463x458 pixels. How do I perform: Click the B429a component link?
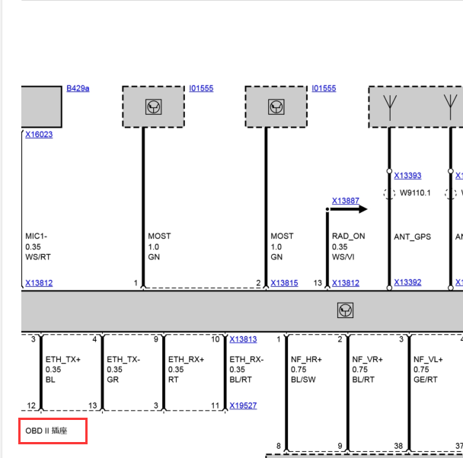coord(78,88)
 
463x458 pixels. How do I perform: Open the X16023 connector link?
coord(39,135)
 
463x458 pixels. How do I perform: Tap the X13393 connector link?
coord(407,176)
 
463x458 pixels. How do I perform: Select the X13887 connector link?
coord(346,201)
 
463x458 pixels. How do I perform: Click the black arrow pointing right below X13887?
coord(349,209)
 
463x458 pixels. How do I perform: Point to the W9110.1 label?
coord(415,193)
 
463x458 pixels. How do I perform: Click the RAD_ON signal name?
coord(349,236)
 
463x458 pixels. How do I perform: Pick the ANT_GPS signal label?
coord(413,237)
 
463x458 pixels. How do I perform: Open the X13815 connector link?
coord(284,283)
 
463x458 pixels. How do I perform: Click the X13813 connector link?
coord(244,339)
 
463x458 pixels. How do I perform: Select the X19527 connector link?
coord(244,406)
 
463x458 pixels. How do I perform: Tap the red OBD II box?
coord(53,431)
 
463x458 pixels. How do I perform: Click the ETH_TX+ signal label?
coord(63,360)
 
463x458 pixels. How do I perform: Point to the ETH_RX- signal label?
coord(247,360)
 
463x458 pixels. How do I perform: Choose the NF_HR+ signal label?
coord(306,360)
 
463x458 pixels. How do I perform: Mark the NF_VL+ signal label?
coord(428,360)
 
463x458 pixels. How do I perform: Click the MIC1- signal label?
coord(37,236)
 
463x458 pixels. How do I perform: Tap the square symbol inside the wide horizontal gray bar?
coord(345,310)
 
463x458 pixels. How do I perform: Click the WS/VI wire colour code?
coord(343,257)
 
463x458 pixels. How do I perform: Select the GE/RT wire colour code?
coord(426,380)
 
